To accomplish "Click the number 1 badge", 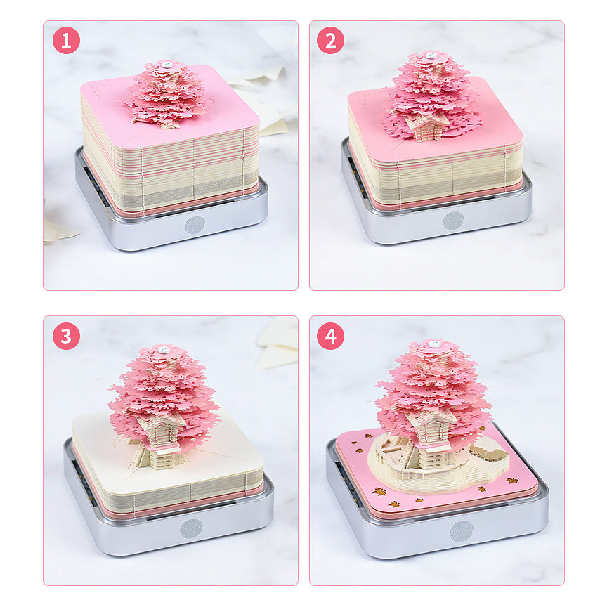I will pos(66,41).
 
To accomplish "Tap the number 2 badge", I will pos(330,41).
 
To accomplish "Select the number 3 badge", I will pos(66,336).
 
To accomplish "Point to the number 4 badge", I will pos(330,336).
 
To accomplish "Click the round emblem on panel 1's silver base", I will pos(195,225).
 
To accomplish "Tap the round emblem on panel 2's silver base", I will pos(453,221).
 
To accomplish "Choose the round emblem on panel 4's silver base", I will pos(462,531).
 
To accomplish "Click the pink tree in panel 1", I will pos(167,95).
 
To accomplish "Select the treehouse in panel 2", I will pos(426,126).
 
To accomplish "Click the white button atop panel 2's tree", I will pos(429,55).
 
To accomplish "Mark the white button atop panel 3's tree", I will pos(163,349).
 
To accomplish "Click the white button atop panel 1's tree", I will pos(167,64).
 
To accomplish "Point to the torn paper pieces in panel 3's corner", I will pos(278,344).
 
